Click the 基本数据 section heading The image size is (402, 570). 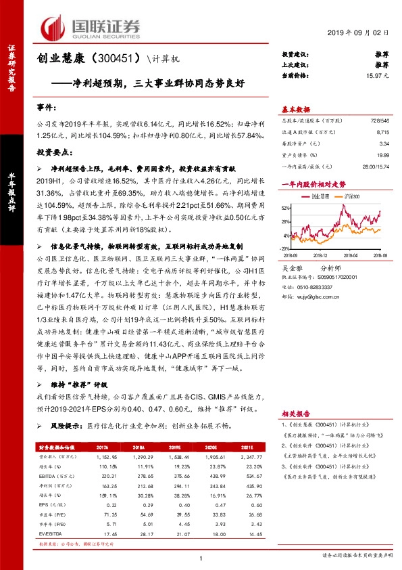click(295, 109)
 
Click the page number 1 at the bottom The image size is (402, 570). click(201, 557)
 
